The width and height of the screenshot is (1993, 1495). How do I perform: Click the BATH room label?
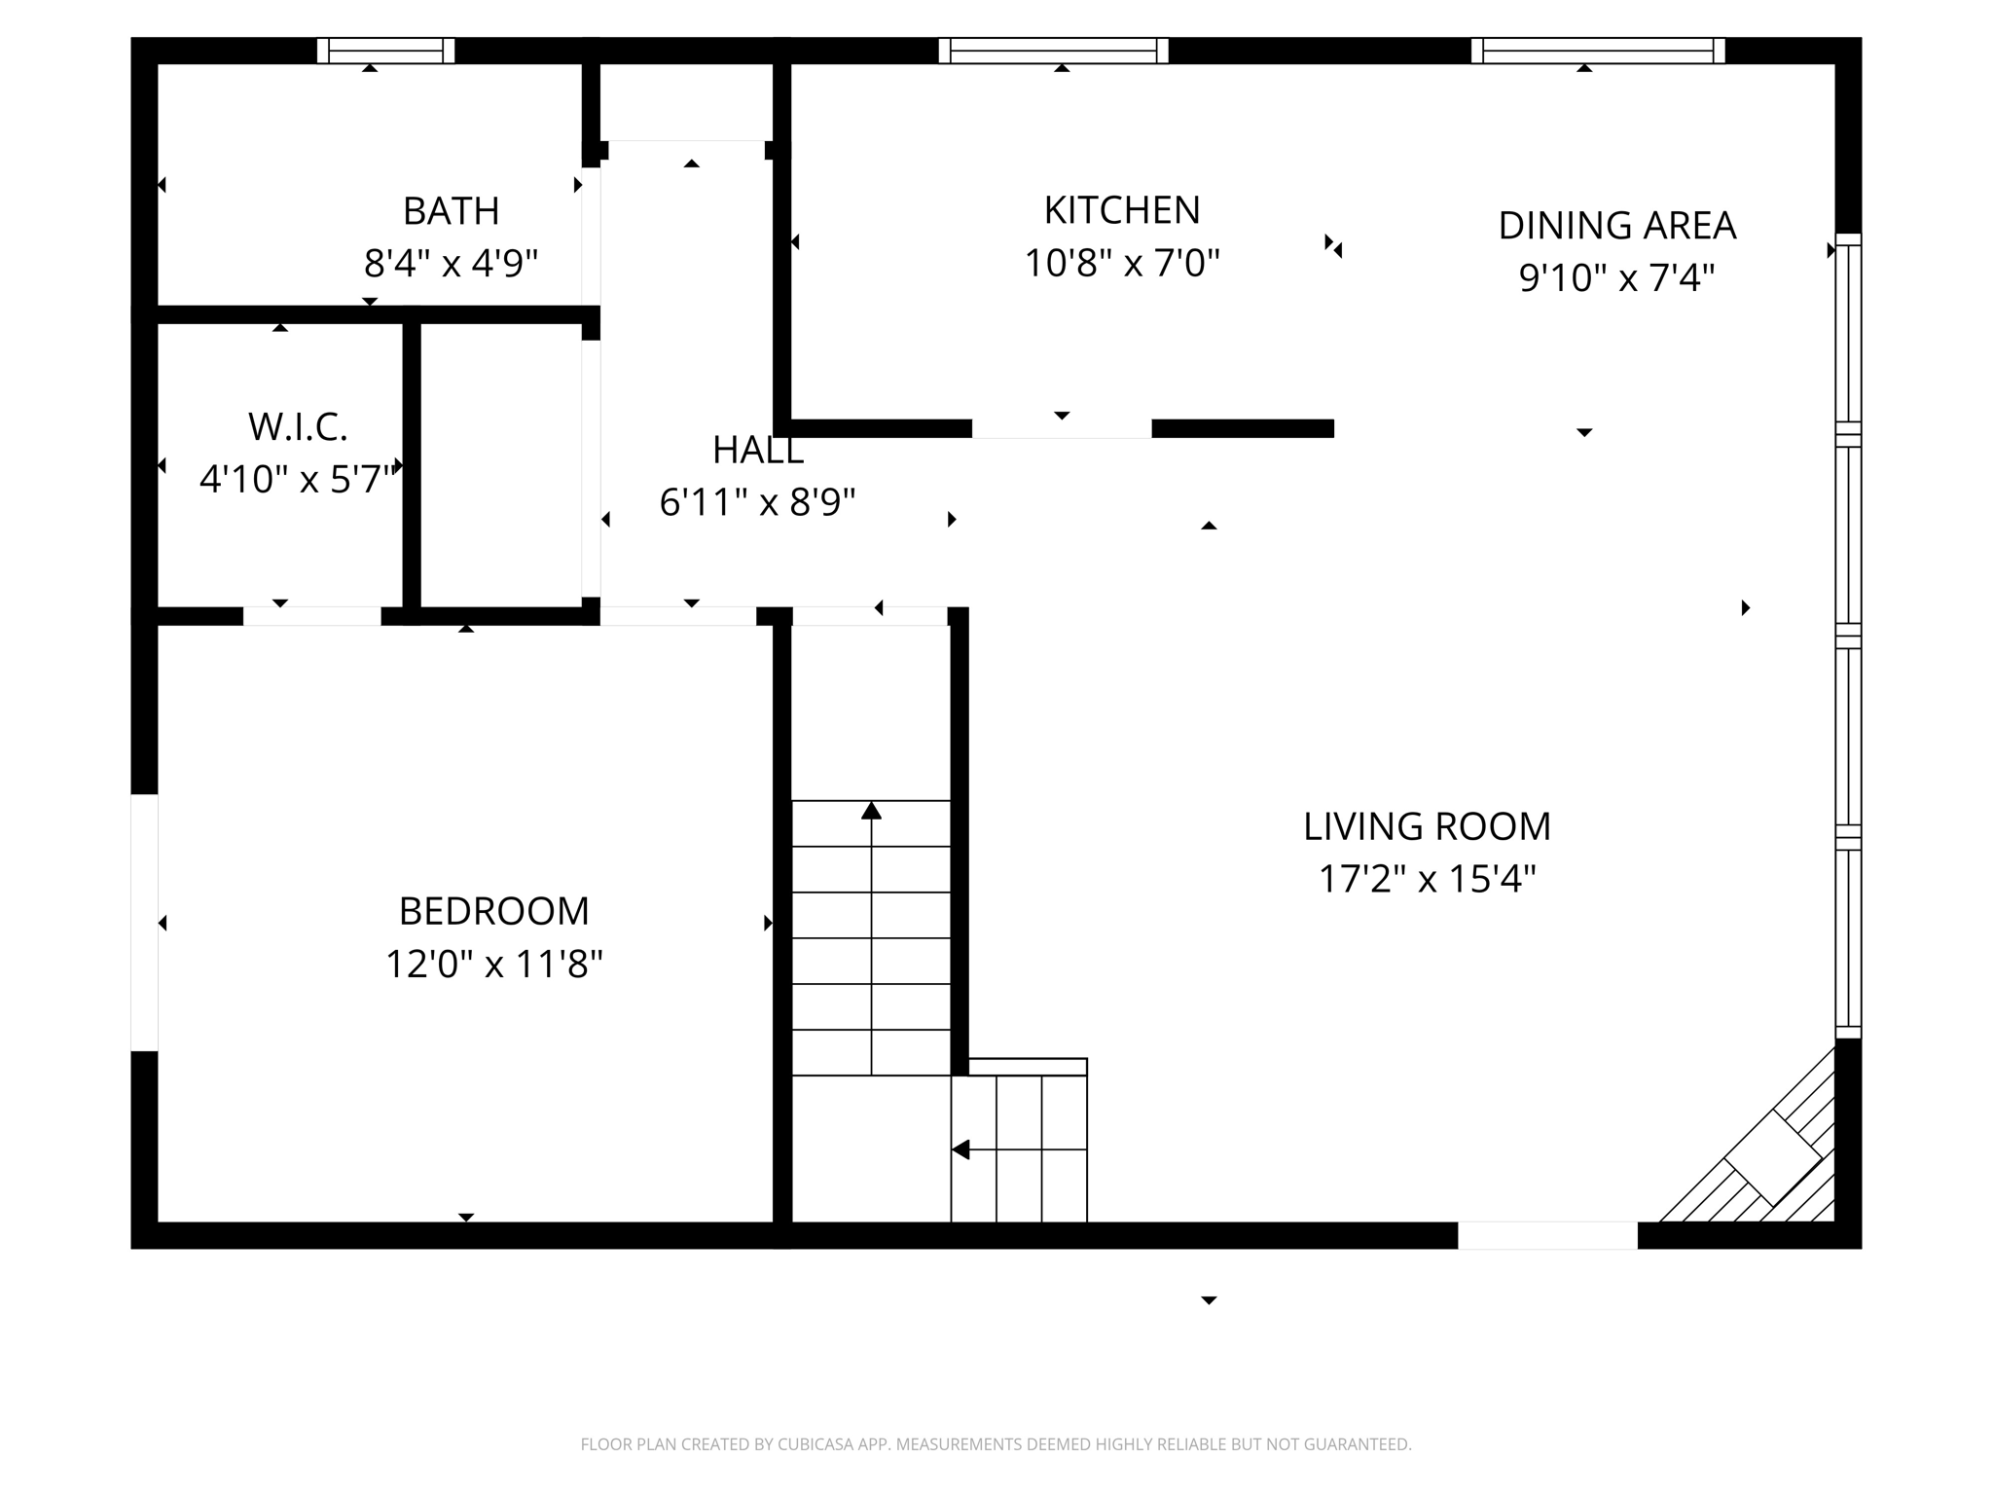tap(451, 211)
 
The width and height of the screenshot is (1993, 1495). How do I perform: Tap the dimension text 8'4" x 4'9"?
tap(451, 264)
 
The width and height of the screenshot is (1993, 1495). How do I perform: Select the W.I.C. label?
tap(298, 427)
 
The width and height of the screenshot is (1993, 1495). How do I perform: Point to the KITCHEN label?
tap(1122, 210)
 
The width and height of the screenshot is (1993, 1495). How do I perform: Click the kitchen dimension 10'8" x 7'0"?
tap(1122, 263)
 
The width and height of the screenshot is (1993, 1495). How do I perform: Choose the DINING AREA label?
tap(1616, 226)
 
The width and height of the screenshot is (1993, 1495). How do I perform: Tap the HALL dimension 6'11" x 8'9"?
tap(757, 502)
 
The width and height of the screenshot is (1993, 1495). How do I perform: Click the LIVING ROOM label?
tap(1427, 826)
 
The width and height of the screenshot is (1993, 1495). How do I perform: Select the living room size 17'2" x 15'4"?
tap(1427, 879)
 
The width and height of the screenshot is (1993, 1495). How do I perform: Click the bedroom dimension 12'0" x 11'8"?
tap(494, 965)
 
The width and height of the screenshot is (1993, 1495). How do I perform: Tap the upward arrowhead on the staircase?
tap(871, 811)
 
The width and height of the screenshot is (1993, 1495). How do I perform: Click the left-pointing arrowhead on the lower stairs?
tap(960, 1149)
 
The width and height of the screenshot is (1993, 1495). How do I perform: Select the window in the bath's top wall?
tap(386, 51)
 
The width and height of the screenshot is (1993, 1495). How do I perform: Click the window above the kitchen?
tap(1053, 51)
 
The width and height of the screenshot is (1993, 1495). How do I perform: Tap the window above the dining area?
tap(1597, 51)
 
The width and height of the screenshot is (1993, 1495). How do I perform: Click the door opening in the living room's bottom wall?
tap(1547, 1235)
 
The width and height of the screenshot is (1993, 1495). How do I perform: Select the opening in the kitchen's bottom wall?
tap(1062, 429)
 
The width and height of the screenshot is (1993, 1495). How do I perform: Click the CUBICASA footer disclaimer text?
tap(996, 1444)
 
